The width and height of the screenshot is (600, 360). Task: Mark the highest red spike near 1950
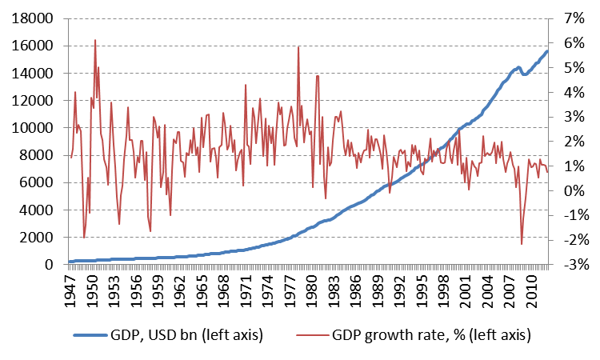coord(95,40)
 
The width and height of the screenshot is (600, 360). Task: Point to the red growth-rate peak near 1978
coord(298,46)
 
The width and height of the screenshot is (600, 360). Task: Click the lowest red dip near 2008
coord(522,244)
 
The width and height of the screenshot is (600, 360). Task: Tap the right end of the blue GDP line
coord(547,52)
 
